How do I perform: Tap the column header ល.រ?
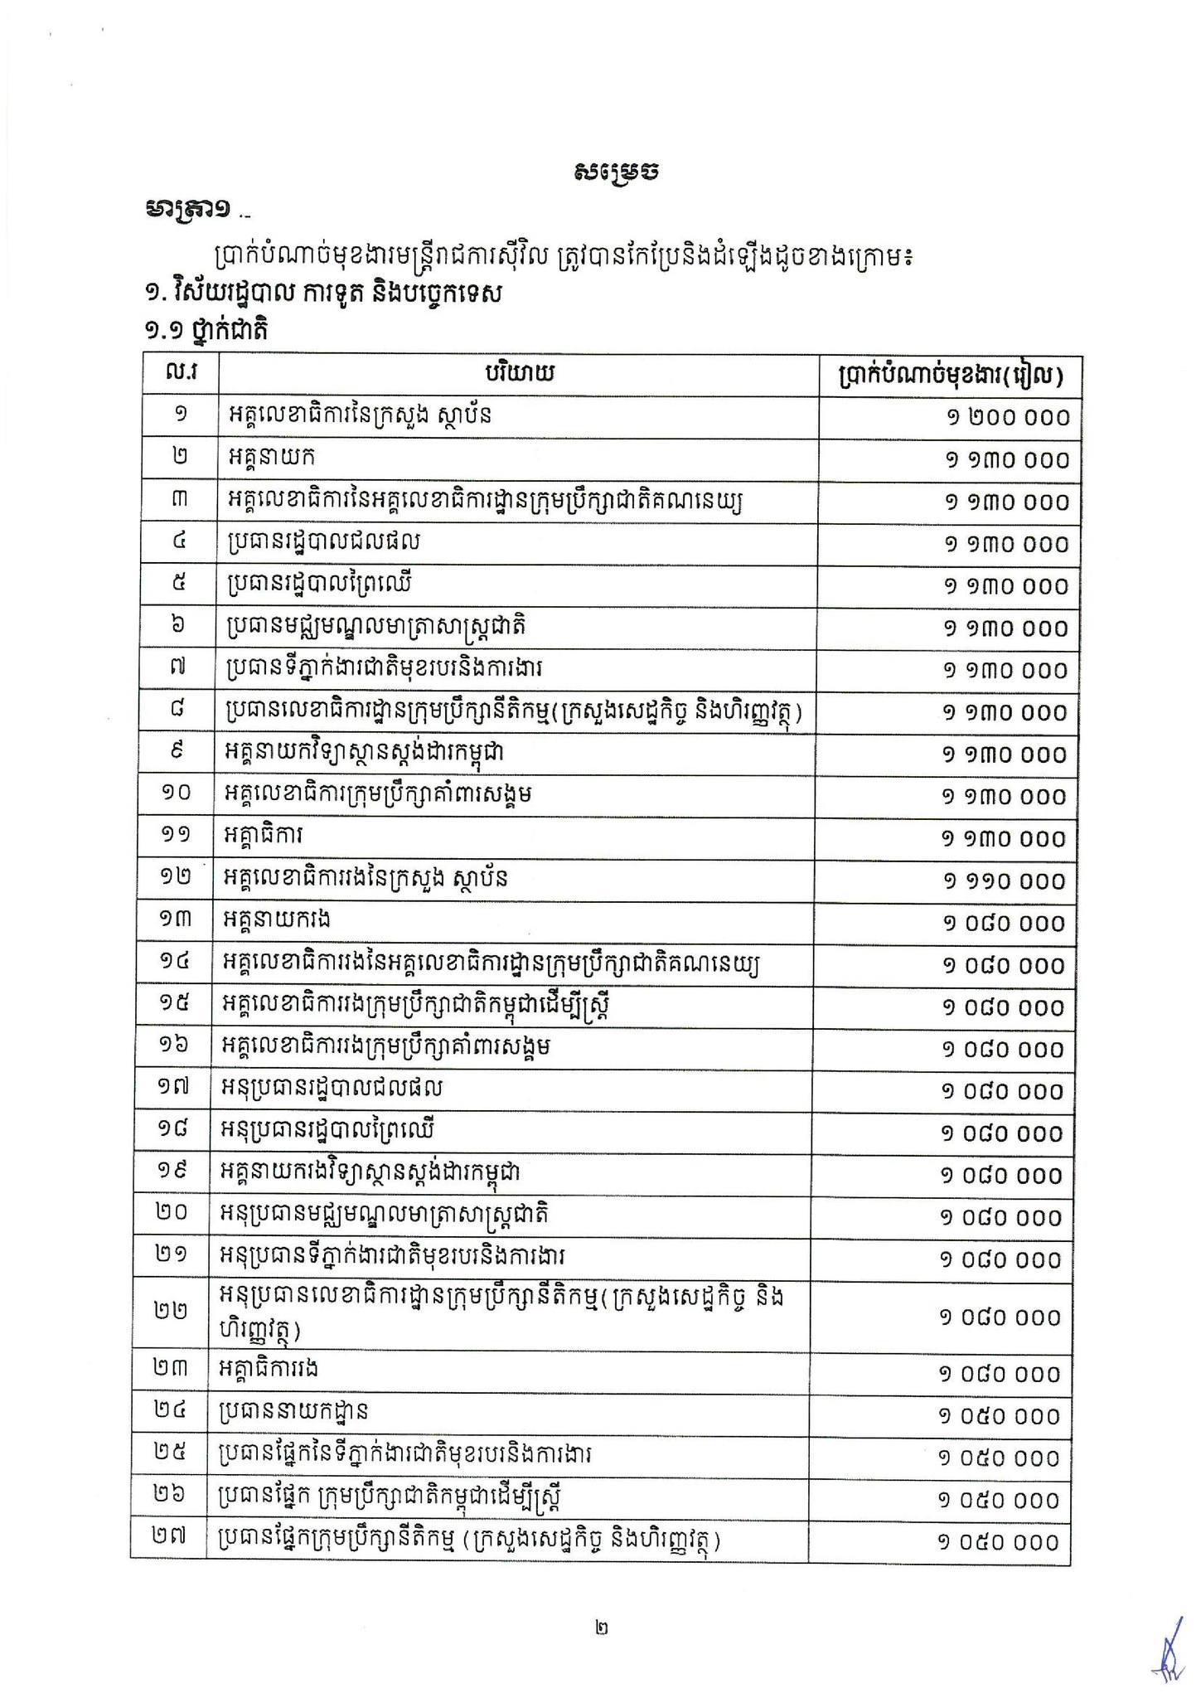[181, 374]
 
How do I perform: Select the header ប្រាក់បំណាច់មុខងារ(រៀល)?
[948, 375]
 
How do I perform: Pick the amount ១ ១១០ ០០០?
[1004, 881]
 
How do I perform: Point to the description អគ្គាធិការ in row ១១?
[264, 837]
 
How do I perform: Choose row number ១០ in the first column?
[176, 793]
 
